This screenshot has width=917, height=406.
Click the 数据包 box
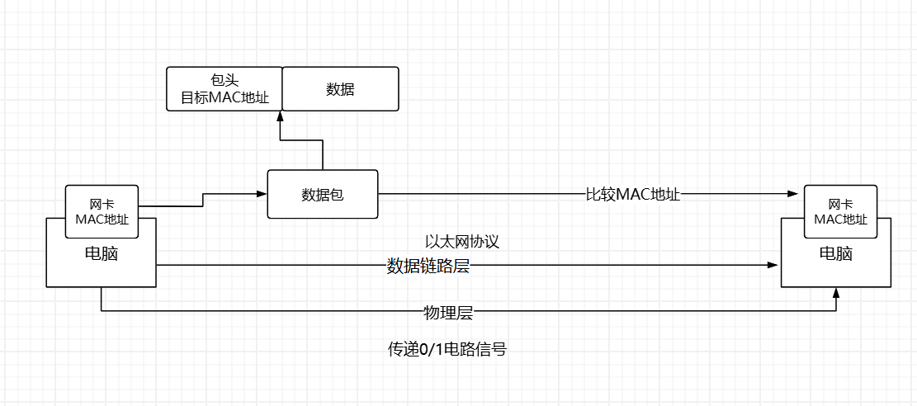(x=322, y=195)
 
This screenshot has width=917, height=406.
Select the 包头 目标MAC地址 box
(x=225, y=89)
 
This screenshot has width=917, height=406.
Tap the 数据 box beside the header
(x=340, y=89)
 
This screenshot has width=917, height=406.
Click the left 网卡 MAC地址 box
(x=102, y=210)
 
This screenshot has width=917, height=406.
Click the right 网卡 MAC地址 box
(x=840, y=210)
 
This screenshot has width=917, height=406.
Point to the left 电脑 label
(x=101, y=254)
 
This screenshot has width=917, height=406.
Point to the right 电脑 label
(x=835, y=253)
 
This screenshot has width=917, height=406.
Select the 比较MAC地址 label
(x=632, y=195)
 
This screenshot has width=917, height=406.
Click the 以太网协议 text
(x=462, y=242)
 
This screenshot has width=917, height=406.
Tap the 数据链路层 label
(x=428, y=266)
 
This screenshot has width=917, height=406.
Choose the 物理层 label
(x=447, y=312)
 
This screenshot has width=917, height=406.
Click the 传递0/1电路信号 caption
(x=447, y=349)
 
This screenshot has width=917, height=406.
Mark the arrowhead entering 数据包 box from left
(x=262, y=195)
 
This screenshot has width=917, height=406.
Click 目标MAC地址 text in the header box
(x=225, y=98)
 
